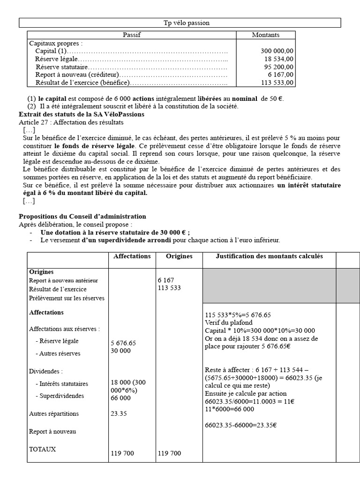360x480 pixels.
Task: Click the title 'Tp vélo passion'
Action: point(180,23)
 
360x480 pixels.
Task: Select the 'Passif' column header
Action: point(132,35)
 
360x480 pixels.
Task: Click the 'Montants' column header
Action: point(265,35)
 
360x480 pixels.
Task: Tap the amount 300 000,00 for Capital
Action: point(277,51)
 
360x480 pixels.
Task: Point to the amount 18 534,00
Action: point(279,59)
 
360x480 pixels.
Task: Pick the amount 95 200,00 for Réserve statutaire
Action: point(279,67)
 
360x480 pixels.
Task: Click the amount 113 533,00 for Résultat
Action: point(277,82)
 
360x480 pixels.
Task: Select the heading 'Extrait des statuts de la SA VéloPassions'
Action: point(82,114)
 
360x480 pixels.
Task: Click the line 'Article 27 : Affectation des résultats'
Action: point(71,122)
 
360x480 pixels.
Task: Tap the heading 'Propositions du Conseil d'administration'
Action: point(82,217)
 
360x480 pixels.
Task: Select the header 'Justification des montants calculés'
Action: point(269,256)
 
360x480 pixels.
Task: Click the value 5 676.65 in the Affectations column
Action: point(123,343)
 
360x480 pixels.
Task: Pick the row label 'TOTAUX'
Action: point(42,449)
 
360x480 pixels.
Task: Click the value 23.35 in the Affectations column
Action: point(119,414)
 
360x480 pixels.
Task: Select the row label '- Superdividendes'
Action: point(60,396)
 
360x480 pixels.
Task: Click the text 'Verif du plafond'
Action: point(228,322)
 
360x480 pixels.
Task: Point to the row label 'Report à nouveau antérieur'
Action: point(63,280)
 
